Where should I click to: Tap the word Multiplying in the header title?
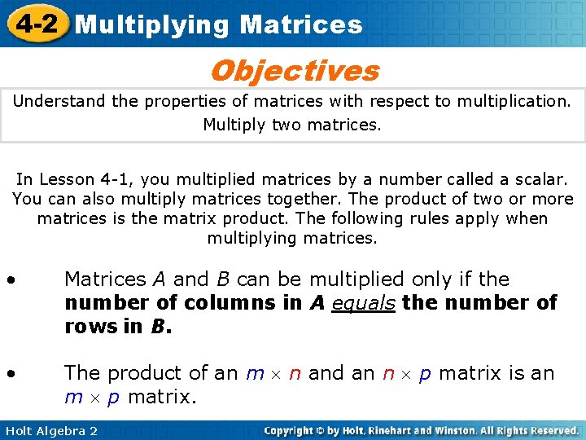(x=152, y=24)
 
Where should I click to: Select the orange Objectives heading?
(x=294, y=71)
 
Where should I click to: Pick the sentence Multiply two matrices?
(x=291, y=125)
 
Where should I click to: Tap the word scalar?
(x=538, y=179)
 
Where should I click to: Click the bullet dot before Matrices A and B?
(x=11, y=280)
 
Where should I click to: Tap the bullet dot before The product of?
(x=11, y=374)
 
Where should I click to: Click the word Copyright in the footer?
(x=291, y=430)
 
